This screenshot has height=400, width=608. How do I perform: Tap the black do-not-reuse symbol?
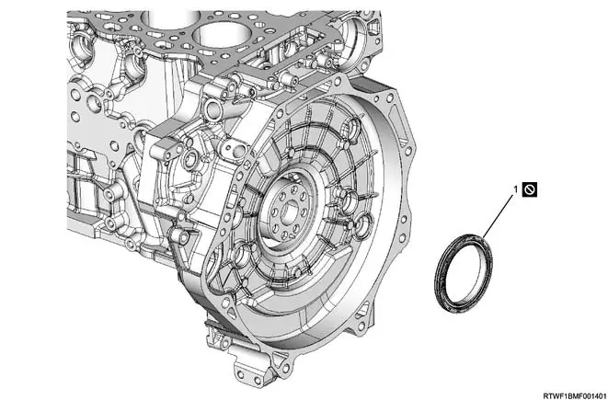point(530,189)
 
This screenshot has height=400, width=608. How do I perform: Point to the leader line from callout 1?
point(497,216)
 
